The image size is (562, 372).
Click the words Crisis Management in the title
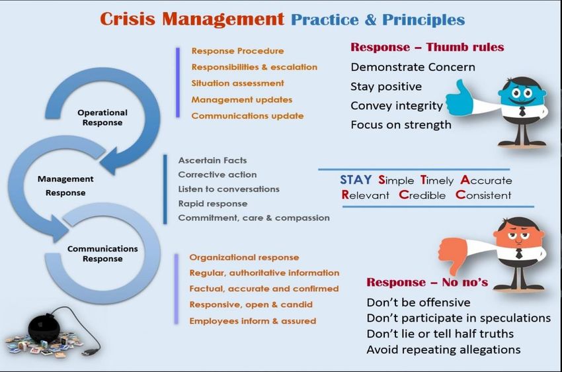[x=192, y=19]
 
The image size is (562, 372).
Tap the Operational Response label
[x=102, y=118]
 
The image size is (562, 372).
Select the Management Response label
[x=65, y=185]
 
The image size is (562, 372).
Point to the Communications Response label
[x=102, y=254]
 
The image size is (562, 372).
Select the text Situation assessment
[x=237, y=83]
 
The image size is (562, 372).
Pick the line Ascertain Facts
[x=212, y=160]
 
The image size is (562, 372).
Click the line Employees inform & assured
[x=253, y=321]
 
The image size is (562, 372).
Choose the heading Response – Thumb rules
[x=427, y=47]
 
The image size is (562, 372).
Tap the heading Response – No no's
[x=427, y=283]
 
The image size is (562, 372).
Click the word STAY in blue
[x=356, y=180]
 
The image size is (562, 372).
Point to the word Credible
[x=422, y=195]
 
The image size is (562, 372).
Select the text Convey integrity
[x=397, y=106]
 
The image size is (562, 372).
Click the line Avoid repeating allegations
[x=444, y=349]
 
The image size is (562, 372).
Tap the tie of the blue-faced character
[x=522, y=112]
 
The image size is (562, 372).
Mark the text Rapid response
[x=213, y=204]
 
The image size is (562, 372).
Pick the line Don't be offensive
[x=419, y=302]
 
